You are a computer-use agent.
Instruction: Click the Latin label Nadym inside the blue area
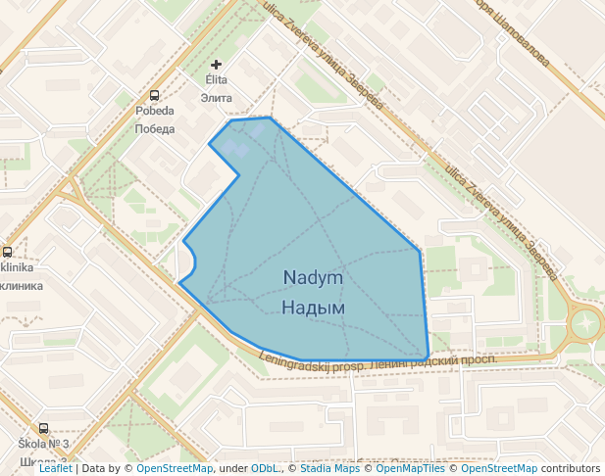click(x=313, y=278)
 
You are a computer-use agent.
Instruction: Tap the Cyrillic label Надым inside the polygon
click(x=313, y=308)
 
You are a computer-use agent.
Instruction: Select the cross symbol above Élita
click(x=216, y=65)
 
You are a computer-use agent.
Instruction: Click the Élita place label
click(x=216, y=79)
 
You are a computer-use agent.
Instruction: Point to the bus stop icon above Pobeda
click(x=154, y=96)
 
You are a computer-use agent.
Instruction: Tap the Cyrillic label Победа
click(x=154, y=128)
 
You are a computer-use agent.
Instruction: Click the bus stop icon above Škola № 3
click(x=43, y=428)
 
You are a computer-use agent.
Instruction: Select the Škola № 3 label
click(x=43, y=445)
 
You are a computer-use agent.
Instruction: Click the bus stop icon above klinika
click(x=7, y=252)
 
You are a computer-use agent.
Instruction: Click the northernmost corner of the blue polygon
click(x=270, y=118)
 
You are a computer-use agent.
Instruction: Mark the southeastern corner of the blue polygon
click(x=429, y=357)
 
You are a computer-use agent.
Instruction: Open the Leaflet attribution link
click(x=55, y=468)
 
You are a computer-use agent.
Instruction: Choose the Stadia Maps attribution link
click(x=328, y=468)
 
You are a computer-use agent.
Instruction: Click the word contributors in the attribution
click(x=570, y=468)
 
